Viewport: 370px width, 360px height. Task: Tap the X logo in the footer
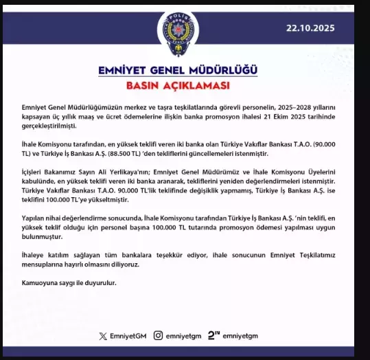pyautogui.click(x=103, y=336)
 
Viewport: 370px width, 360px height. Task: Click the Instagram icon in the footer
pyautogui.click(x=158, y=336)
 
